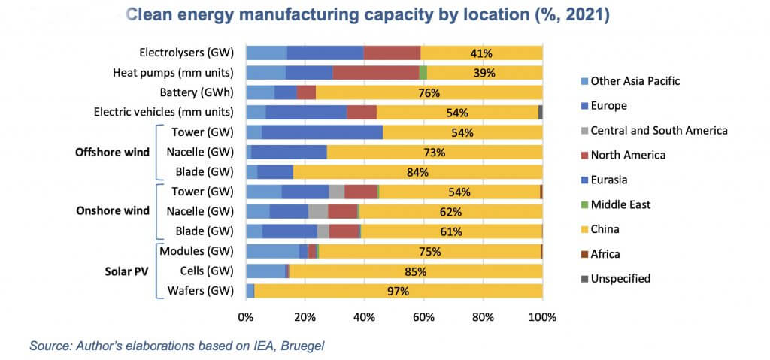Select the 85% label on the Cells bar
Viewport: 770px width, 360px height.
coord(415,271)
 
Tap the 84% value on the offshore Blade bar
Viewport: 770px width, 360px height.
coord(417,172)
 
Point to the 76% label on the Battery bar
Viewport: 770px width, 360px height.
coord(430,92)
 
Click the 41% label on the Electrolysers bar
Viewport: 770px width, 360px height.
coord(480,53)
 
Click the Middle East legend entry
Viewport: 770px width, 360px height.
coord(620,204)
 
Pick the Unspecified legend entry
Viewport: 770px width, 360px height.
coord(620,278)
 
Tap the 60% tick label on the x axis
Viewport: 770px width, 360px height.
coord(423,317)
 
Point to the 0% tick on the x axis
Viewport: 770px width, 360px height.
coord(247,317)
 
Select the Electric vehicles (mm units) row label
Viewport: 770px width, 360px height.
coord(164,112)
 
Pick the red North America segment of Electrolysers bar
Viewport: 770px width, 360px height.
coord(392,53)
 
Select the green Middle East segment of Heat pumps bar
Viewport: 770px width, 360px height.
coord(423,72)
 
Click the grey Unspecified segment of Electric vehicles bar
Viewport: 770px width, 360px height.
coord(540,112)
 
